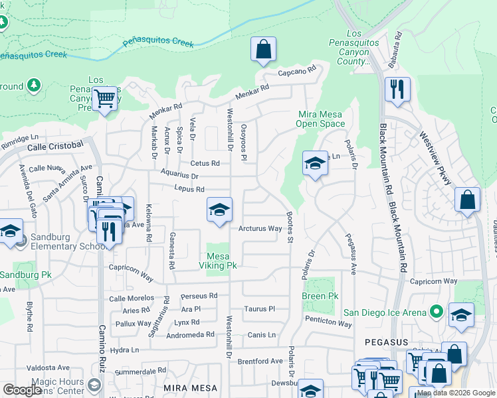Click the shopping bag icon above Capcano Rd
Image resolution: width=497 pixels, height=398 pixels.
[264, 50]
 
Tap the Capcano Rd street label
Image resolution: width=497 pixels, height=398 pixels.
[296, 72]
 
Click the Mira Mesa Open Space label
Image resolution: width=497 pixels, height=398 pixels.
[321, 119]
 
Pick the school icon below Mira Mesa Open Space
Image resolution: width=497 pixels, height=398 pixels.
[315, 164]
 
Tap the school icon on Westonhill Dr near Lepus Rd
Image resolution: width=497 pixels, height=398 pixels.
[219, 210]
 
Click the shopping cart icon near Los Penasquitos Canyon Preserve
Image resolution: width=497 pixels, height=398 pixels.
[104, 99]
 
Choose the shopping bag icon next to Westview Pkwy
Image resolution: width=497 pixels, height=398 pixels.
[468, 200]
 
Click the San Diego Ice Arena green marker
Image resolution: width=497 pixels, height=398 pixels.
[437, 311]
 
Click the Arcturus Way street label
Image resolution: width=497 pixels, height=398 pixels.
[260, 229]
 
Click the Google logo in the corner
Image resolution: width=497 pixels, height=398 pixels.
[22, 390]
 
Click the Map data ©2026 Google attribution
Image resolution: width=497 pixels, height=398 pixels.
[456, 393]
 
